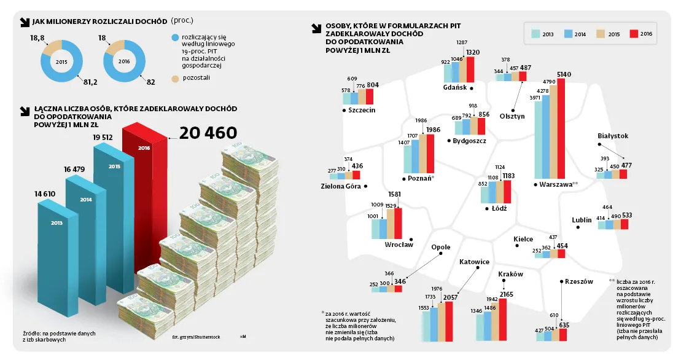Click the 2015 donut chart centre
61,61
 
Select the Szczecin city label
361,110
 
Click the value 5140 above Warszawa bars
564,74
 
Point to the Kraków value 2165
507,295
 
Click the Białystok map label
612,136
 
